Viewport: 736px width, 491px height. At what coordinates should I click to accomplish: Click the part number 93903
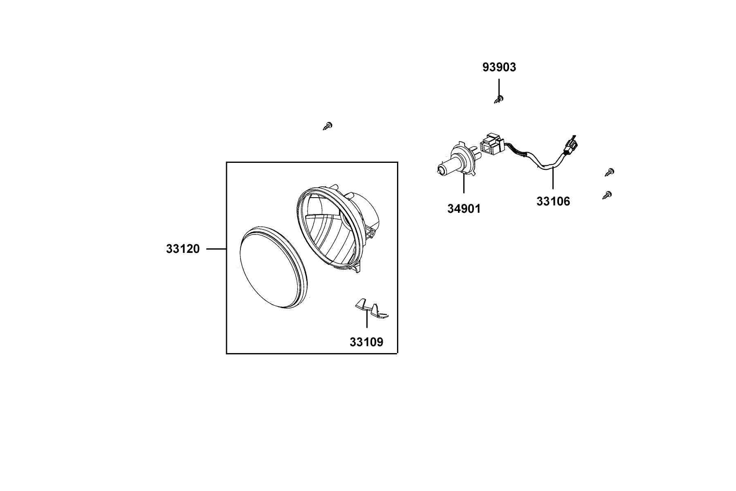coord(499,67)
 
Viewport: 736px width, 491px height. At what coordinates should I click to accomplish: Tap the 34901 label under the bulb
coord(464,209)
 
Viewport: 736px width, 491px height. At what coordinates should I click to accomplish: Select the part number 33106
coord(553,201)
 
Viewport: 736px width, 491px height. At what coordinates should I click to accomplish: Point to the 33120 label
coord(183,249)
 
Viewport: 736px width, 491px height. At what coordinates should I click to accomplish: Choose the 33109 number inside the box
coord(366,342)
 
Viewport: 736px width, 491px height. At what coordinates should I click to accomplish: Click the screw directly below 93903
coord(498,99)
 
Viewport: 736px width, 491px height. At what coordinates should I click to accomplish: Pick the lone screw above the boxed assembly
coord(328,126)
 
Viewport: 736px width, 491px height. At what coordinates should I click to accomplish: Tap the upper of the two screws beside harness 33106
coord(610,172)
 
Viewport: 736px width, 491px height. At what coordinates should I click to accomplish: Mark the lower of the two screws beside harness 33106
coord(607,195)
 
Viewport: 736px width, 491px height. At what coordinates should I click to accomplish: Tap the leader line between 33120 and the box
coord(216,249)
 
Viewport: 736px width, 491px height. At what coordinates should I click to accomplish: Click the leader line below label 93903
coord(499,87)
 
